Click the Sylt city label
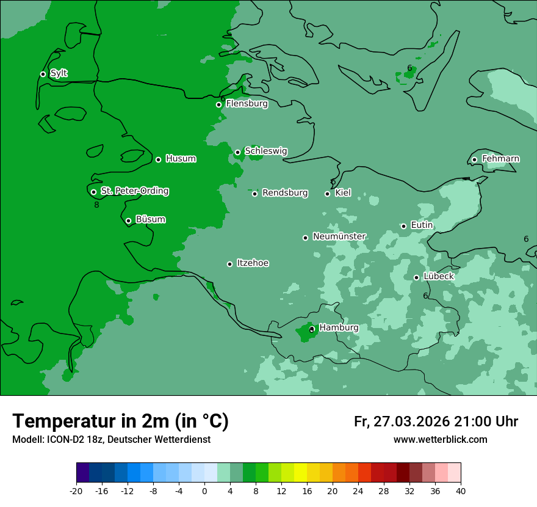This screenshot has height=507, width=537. click(x=59, y=73)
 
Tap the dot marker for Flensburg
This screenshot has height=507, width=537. click(x=218, y=104)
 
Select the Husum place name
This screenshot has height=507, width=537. click(x=181, y=159)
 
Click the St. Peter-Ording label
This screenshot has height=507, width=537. click(x=135, y=191)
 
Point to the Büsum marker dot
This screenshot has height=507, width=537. click(x=128, y=221)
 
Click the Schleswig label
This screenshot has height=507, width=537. click(x=266, y=151)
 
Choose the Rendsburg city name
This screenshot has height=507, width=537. click(x=285, y=193)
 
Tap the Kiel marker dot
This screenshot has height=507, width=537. click(x=327, y=194)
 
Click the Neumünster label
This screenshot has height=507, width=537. click(x=339, y=236)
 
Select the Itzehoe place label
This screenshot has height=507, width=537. click(x=253, y=263)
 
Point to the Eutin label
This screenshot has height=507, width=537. click(x=422, y=225)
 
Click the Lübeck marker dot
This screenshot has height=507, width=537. click(x=416, y=277)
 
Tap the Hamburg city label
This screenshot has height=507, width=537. click(x=339, y=328)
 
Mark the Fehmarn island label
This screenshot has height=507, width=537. click(x=500, y=159)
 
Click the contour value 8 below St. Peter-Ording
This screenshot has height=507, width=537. click(x=96, y=205)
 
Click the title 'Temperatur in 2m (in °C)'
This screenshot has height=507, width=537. click(x=120, y=421)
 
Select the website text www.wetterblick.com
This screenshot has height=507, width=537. click(x=440, y=440)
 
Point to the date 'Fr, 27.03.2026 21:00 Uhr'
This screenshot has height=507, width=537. click(x=436, y=421)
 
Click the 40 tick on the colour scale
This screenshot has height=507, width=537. click(x=460, y=491)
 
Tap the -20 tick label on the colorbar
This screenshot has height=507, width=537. click(x=76, y=491)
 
